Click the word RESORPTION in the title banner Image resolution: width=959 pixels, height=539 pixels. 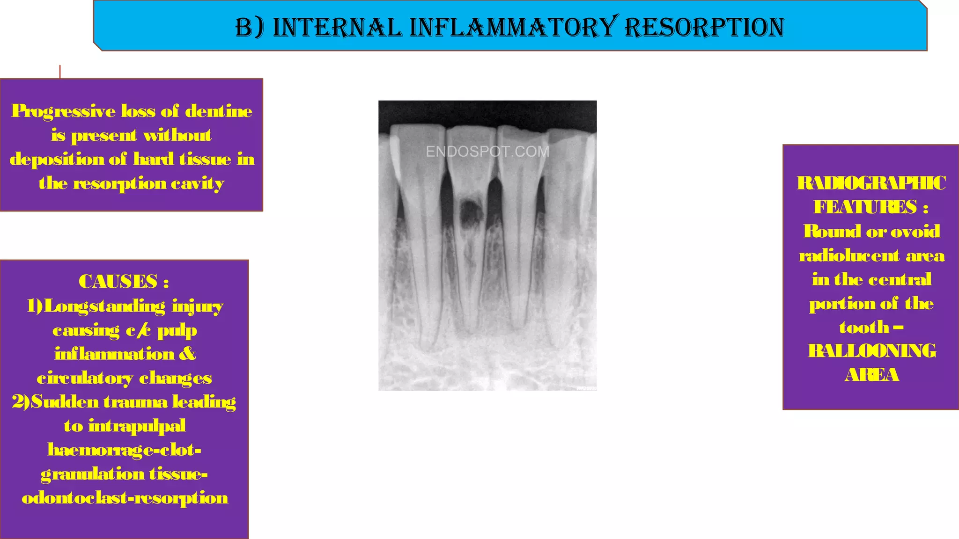(704, 27)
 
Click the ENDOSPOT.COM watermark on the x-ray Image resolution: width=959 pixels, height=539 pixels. (487, 152)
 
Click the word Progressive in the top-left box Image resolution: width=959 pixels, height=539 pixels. (63, 111)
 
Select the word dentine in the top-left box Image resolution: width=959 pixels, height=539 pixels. (219, 111)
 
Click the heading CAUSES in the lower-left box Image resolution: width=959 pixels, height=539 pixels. (118, 282)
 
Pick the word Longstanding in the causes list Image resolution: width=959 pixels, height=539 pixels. (104, 306)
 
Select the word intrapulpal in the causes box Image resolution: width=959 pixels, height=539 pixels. (137, 426)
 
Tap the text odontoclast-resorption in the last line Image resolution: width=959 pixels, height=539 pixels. (125, 498)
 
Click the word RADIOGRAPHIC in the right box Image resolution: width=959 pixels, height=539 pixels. (871, 183)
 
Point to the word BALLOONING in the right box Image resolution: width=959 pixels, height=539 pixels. (871, 351)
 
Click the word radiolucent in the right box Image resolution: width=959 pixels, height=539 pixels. (849, 255)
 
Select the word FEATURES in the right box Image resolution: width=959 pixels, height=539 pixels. (865, 207)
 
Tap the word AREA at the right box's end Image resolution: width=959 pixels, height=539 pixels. (871, 375)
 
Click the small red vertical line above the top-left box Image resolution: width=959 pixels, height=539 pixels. (60, 72)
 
